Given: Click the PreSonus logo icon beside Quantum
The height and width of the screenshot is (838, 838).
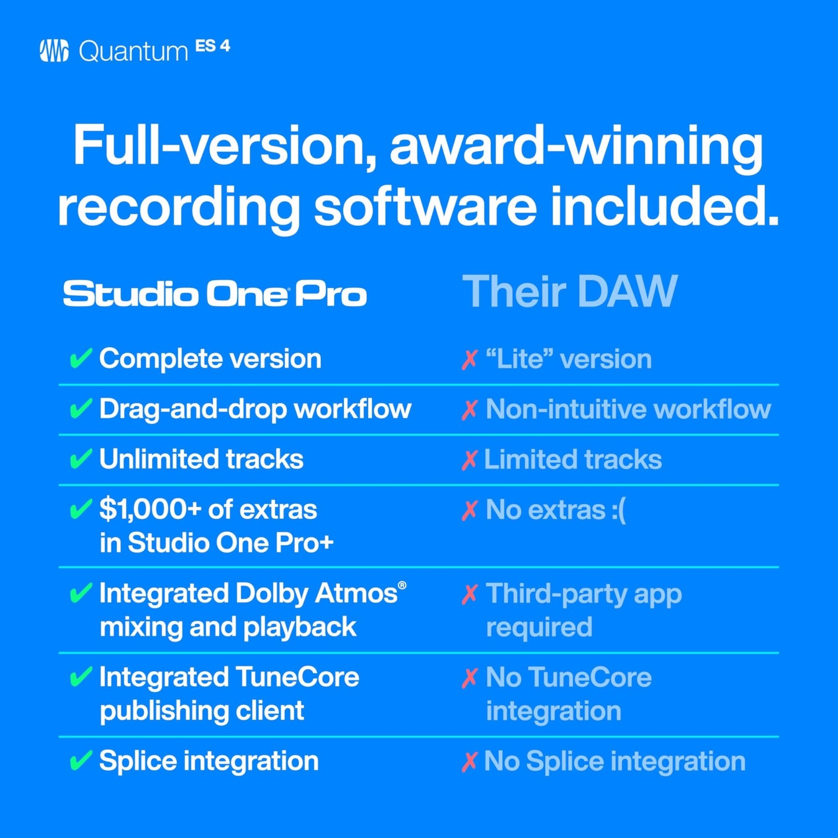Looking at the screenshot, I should coord(54,51).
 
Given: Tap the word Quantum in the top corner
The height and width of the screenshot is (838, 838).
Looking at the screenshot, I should coord(133,52).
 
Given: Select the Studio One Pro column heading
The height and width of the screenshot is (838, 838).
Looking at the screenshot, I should coord(215,294).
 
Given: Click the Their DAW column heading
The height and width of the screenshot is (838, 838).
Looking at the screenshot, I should coord(569,292).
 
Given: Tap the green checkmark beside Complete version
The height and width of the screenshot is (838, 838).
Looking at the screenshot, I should coord(80,358).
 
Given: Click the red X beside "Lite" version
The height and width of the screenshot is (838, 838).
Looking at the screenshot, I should coord(469,360).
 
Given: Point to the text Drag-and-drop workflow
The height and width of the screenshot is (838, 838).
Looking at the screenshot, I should coord(255,409).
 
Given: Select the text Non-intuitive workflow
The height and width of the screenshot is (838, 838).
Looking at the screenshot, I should coord(628,409).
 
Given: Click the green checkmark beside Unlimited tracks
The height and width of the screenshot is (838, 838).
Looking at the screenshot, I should coord(80,459).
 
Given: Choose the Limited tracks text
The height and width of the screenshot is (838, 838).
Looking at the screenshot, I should coord(572,460).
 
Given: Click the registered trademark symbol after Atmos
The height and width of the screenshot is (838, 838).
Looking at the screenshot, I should coord(402,585).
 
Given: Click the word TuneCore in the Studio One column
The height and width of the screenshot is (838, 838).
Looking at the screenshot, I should coord(297,677).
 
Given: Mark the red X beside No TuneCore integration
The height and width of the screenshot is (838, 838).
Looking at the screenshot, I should coord(469,677).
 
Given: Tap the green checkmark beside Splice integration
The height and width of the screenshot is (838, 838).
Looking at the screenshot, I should coord(80,761).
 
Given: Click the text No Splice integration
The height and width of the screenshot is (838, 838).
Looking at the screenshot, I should coord(614,761).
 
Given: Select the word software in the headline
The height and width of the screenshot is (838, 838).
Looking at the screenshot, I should coord(425,208).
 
